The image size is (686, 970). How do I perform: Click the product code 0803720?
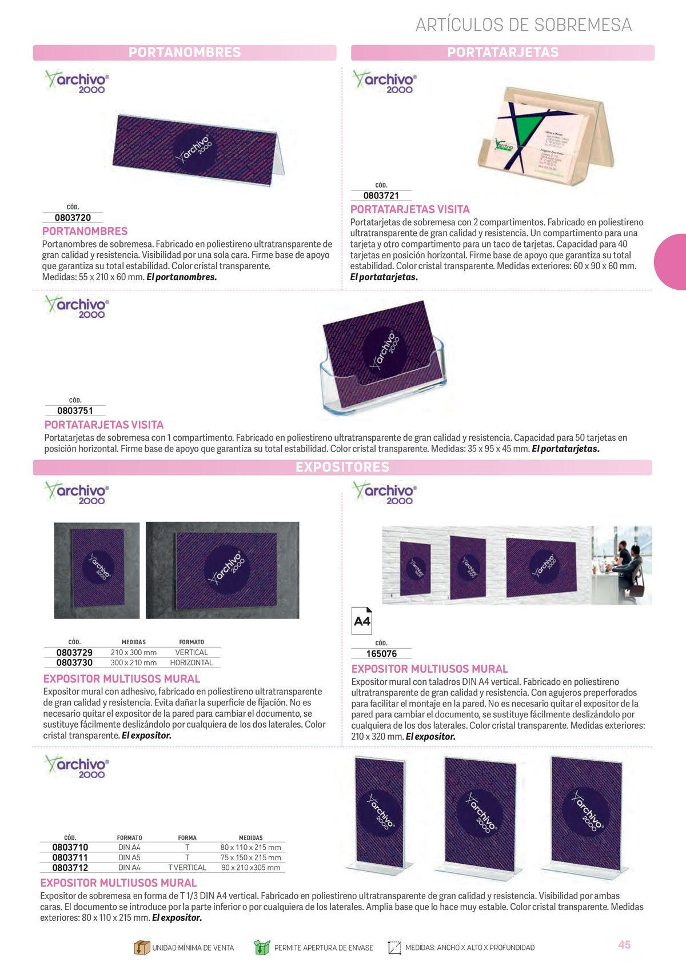click(73, 218)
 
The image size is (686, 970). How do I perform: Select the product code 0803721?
click(381, 195)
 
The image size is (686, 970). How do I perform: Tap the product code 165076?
click(381, 654)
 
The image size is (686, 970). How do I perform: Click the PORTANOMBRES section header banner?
click(185, 53)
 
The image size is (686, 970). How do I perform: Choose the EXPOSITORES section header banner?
click(342, 467)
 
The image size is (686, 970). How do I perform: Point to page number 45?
click(624, 945)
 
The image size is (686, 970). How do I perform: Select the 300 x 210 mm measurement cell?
click(134, 663)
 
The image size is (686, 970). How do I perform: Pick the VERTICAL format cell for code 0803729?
click(192, 652)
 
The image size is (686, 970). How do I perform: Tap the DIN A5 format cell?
click(129, 857)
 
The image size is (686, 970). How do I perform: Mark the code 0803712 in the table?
click(70, 868)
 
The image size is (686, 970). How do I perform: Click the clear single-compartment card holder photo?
click(384, 358)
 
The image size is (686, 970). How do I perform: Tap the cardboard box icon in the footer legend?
click(141, 947)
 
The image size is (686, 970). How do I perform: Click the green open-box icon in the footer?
click(261, 947)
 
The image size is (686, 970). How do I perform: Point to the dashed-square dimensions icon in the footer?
click(394, 947)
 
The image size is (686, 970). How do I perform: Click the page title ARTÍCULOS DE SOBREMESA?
click(523, 25)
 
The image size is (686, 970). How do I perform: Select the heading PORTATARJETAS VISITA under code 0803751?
click(104, 425)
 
